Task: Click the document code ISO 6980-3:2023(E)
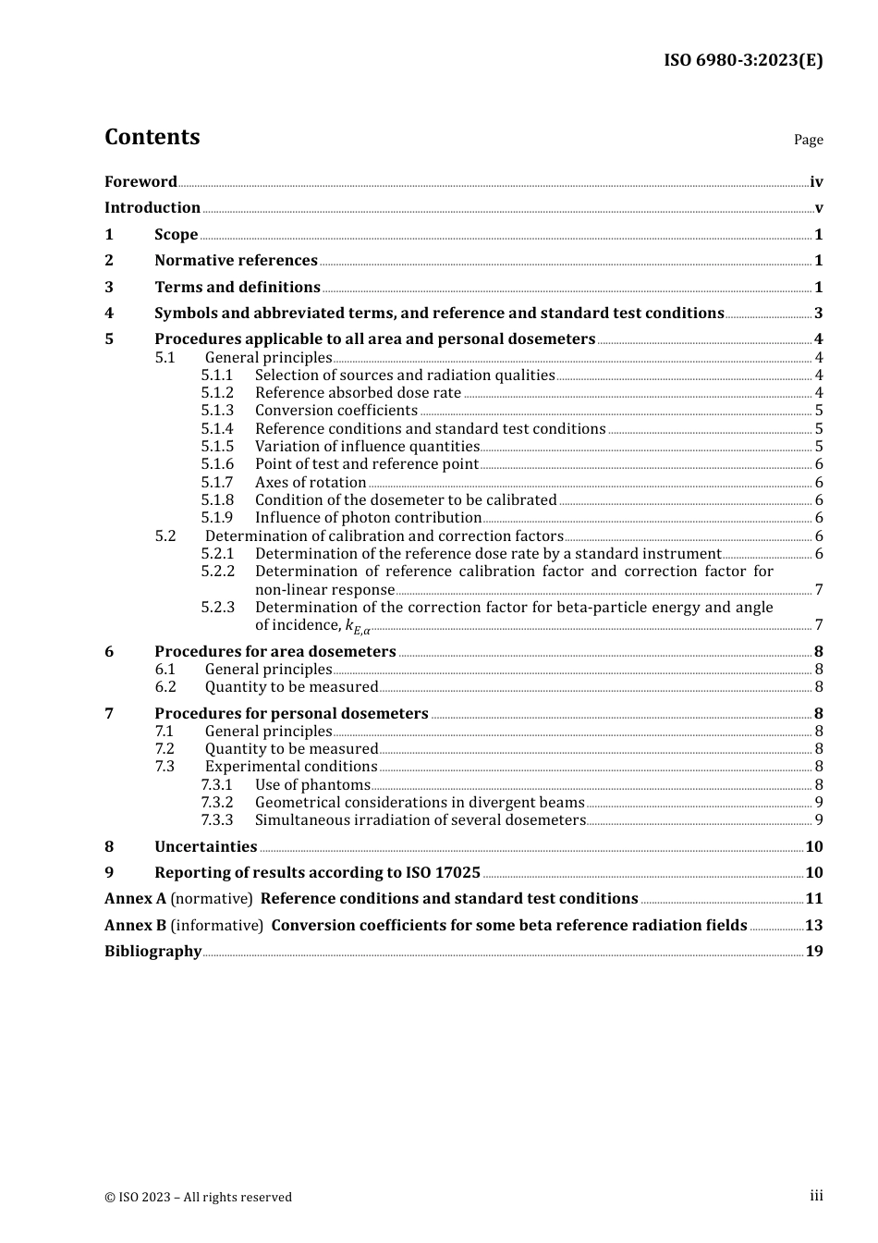click(743, 60)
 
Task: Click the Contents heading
click(152, 137)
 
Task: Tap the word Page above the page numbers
click(808, 140)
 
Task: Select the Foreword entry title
click(140, 182)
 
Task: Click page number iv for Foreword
click(816, 182)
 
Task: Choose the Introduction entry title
click(152, 208)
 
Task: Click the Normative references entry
click(236, 261)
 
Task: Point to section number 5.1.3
click(217, 411)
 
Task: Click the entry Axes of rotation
click(311, 482)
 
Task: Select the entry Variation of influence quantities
click(367, 447)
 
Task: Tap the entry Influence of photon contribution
click(368, 518)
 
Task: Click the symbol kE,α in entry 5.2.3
click(358, 627)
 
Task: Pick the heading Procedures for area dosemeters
click(274, 652)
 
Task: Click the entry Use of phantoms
click(312, 785)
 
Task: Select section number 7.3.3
click(217, 820)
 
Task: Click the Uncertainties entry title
click(205, 847)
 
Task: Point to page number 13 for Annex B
click(813, 926)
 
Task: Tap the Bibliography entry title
click(152, 952)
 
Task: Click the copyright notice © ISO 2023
click(198, 1198)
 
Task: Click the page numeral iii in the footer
click(816, 1196)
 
